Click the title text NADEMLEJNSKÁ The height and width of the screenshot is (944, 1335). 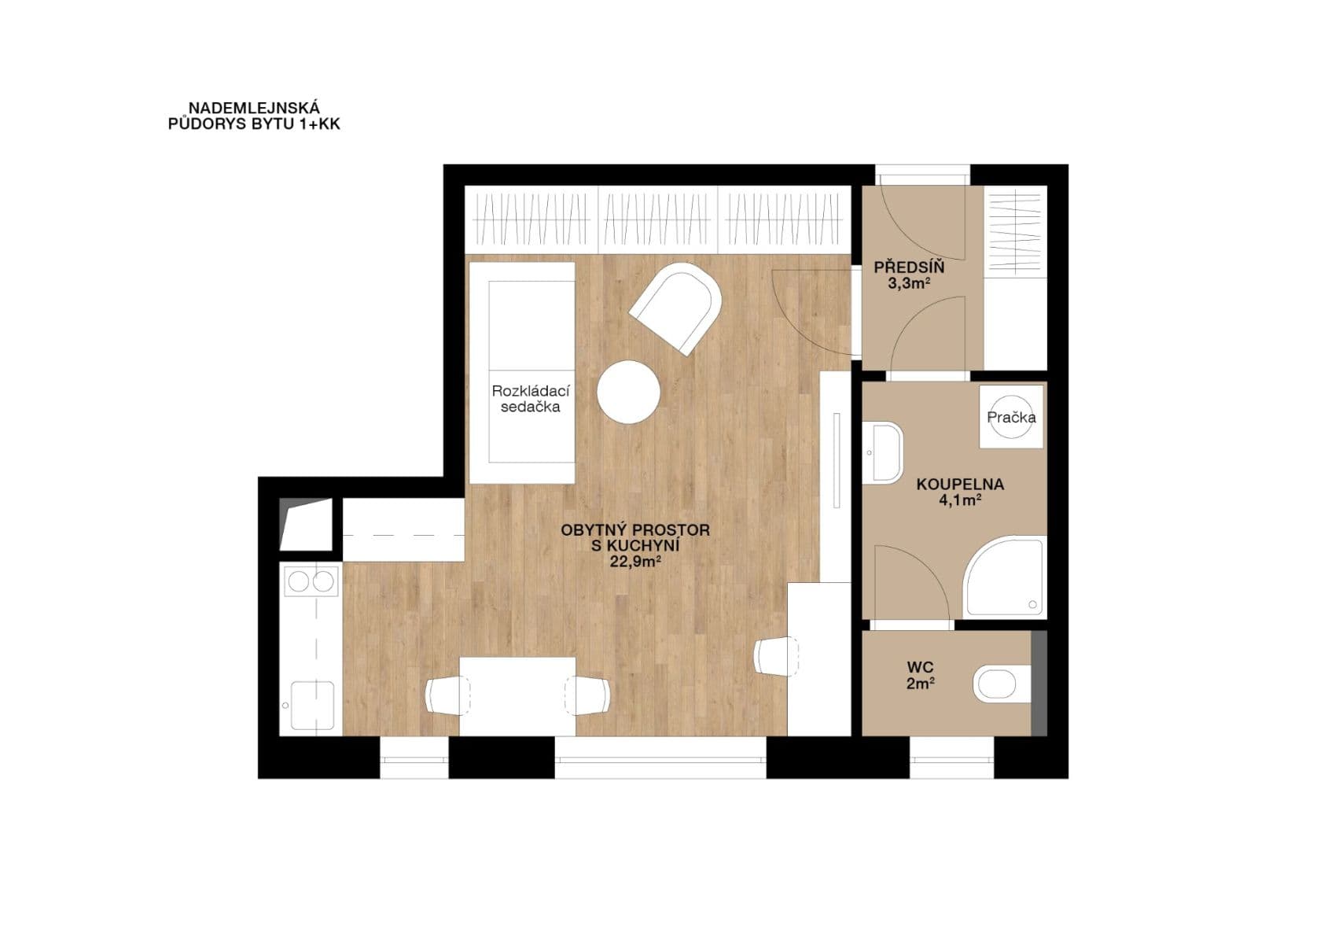[254, 109]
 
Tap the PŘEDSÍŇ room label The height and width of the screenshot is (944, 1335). [909, 267]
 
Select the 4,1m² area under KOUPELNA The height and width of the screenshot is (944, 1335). [959, 500]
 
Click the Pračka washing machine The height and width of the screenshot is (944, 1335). [1012, 417]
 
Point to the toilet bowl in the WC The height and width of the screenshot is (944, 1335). [1001, 684]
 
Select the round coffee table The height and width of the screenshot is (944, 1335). [628, 392]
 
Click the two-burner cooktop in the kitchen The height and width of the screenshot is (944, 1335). [310, 581]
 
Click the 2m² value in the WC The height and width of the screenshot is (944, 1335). [920, 684]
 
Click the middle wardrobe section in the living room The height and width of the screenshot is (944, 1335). [658, 219]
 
